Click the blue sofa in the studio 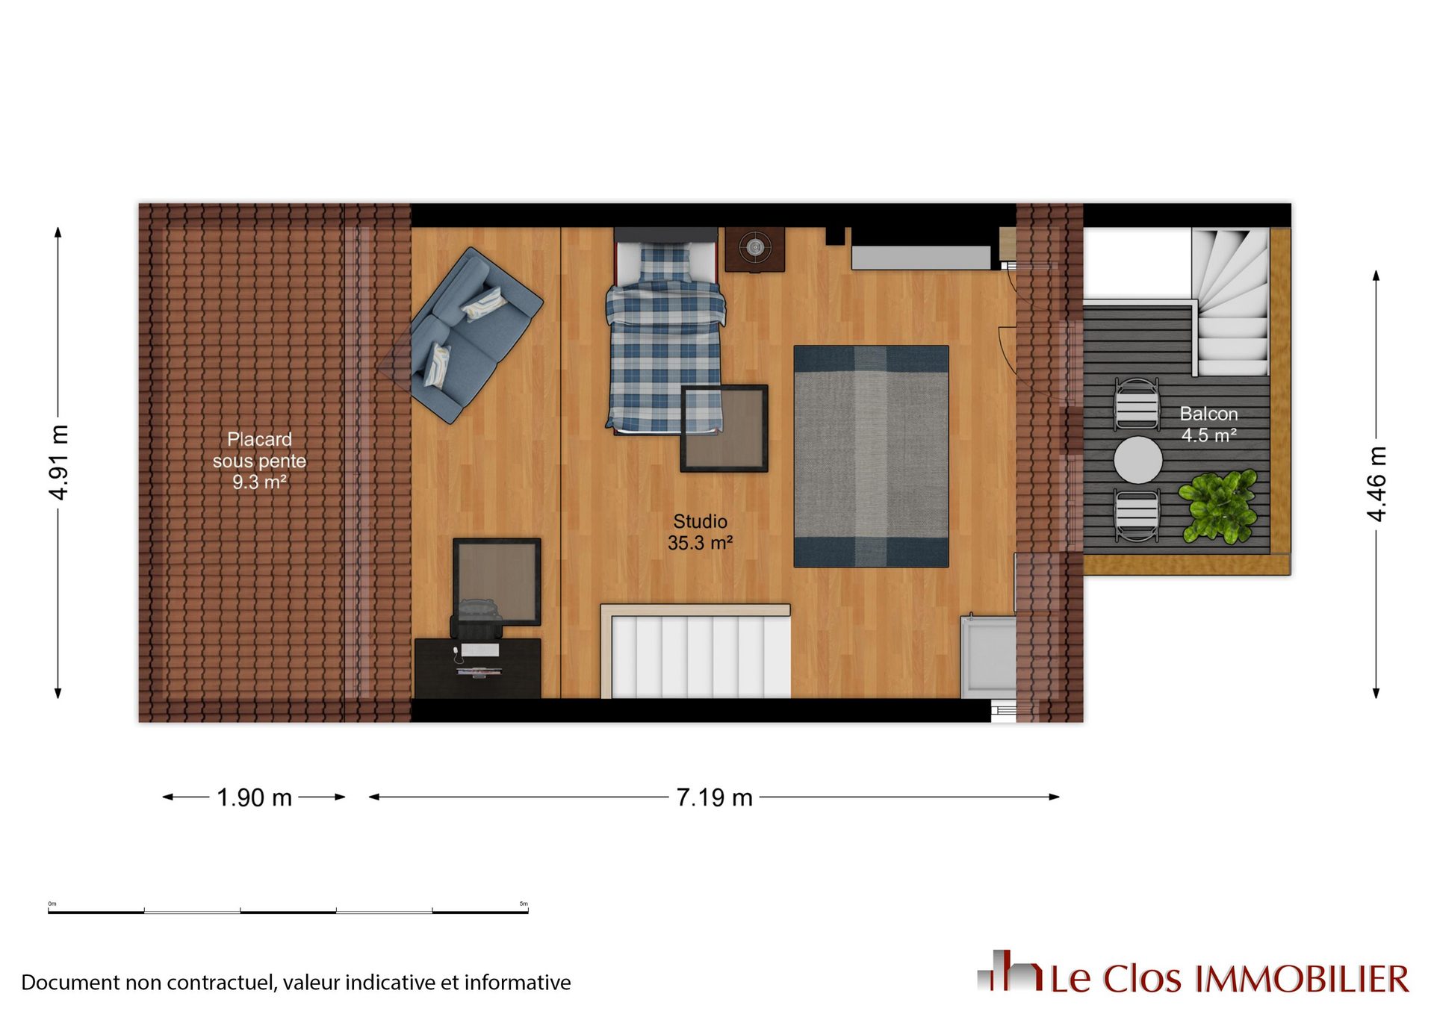pos(477,335)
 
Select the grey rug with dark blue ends pos(871,456)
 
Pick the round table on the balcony pos(1137,460)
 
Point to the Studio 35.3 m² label pos(700,532)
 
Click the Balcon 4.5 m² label pos(1208,424)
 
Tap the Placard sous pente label pos(259,450)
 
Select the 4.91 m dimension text pos(58,463)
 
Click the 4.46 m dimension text pos(1376,484)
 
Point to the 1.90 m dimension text pos(254,797)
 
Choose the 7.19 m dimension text pos(714,797)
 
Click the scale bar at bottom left pos(288,911)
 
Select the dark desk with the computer pos(478,668)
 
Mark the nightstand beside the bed pos(755,249)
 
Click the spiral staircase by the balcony pos(1230,302)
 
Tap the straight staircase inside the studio pos(695,652)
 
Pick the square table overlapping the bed pos(724,429)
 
